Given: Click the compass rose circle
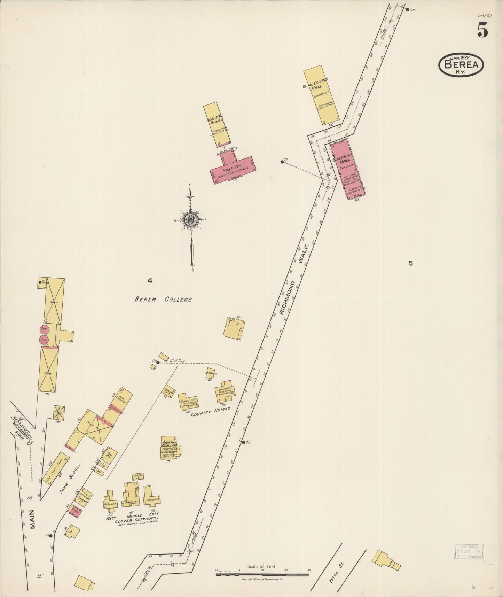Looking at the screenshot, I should point(191,220).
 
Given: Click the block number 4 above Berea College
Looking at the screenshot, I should point(150,281).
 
